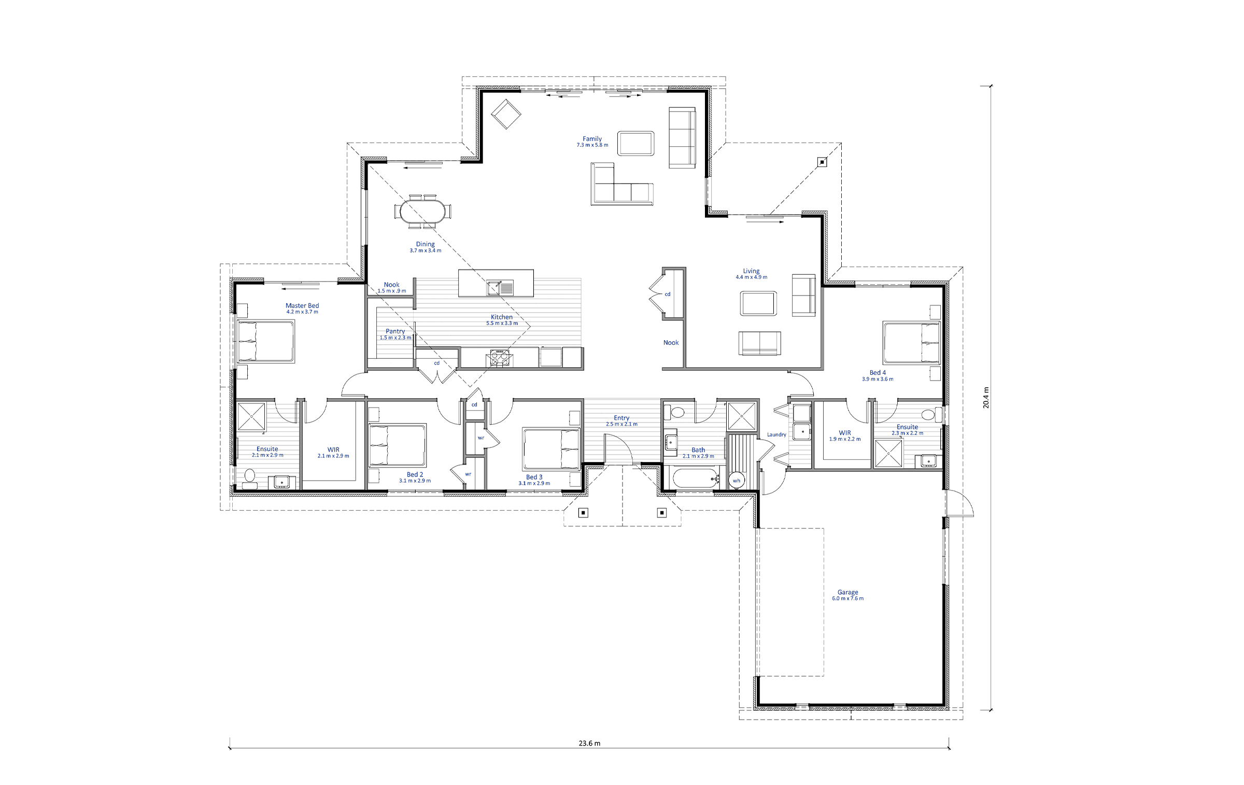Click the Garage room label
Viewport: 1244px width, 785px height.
(847, 592)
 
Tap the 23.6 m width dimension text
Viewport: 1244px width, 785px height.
(589, 743)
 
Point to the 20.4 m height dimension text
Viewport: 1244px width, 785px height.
(986, 398)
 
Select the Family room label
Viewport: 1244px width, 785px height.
(592, 138)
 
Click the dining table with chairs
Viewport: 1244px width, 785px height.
(422, 212)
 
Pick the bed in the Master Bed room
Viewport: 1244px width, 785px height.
(266, 341)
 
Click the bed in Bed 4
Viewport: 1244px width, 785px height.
(912, 343)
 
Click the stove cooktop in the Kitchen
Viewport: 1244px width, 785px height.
(500, 358)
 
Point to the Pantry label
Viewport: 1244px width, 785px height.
(395, 331)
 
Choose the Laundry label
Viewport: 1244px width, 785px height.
(776, 434)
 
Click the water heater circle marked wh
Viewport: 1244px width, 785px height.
(737, 481)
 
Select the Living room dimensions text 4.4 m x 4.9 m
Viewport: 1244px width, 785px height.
(751, 277)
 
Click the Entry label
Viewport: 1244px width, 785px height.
(621, 418)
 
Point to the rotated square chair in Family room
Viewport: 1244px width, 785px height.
(506, 114)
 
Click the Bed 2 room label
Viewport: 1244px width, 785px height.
(415, 474)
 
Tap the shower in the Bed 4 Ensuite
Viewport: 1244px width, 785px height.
(888, 453)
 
